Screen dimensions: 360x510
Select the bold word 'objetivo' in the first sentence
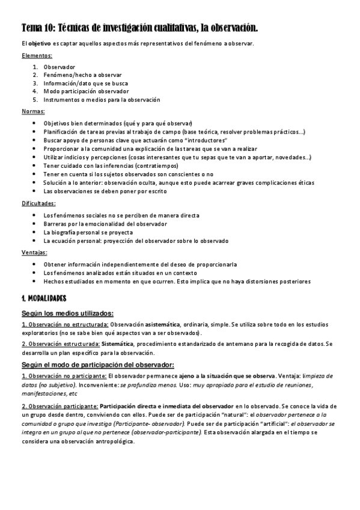point(41,44)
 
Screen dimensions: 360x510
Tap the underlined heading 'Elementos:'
point(37,55)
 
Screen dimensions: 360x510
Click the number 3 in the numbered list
point(35,83)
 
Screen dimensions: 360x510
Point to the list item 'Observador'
point(60,66)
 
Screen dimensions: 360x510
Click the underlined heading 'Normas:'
point(34,112)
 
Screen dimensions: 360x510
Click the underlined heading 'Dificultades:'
point(39,204)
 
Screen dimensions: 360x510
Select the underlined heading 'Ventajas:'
point(35,253)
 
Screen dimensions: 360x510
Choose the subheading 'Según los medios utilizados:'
point(68,313)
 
